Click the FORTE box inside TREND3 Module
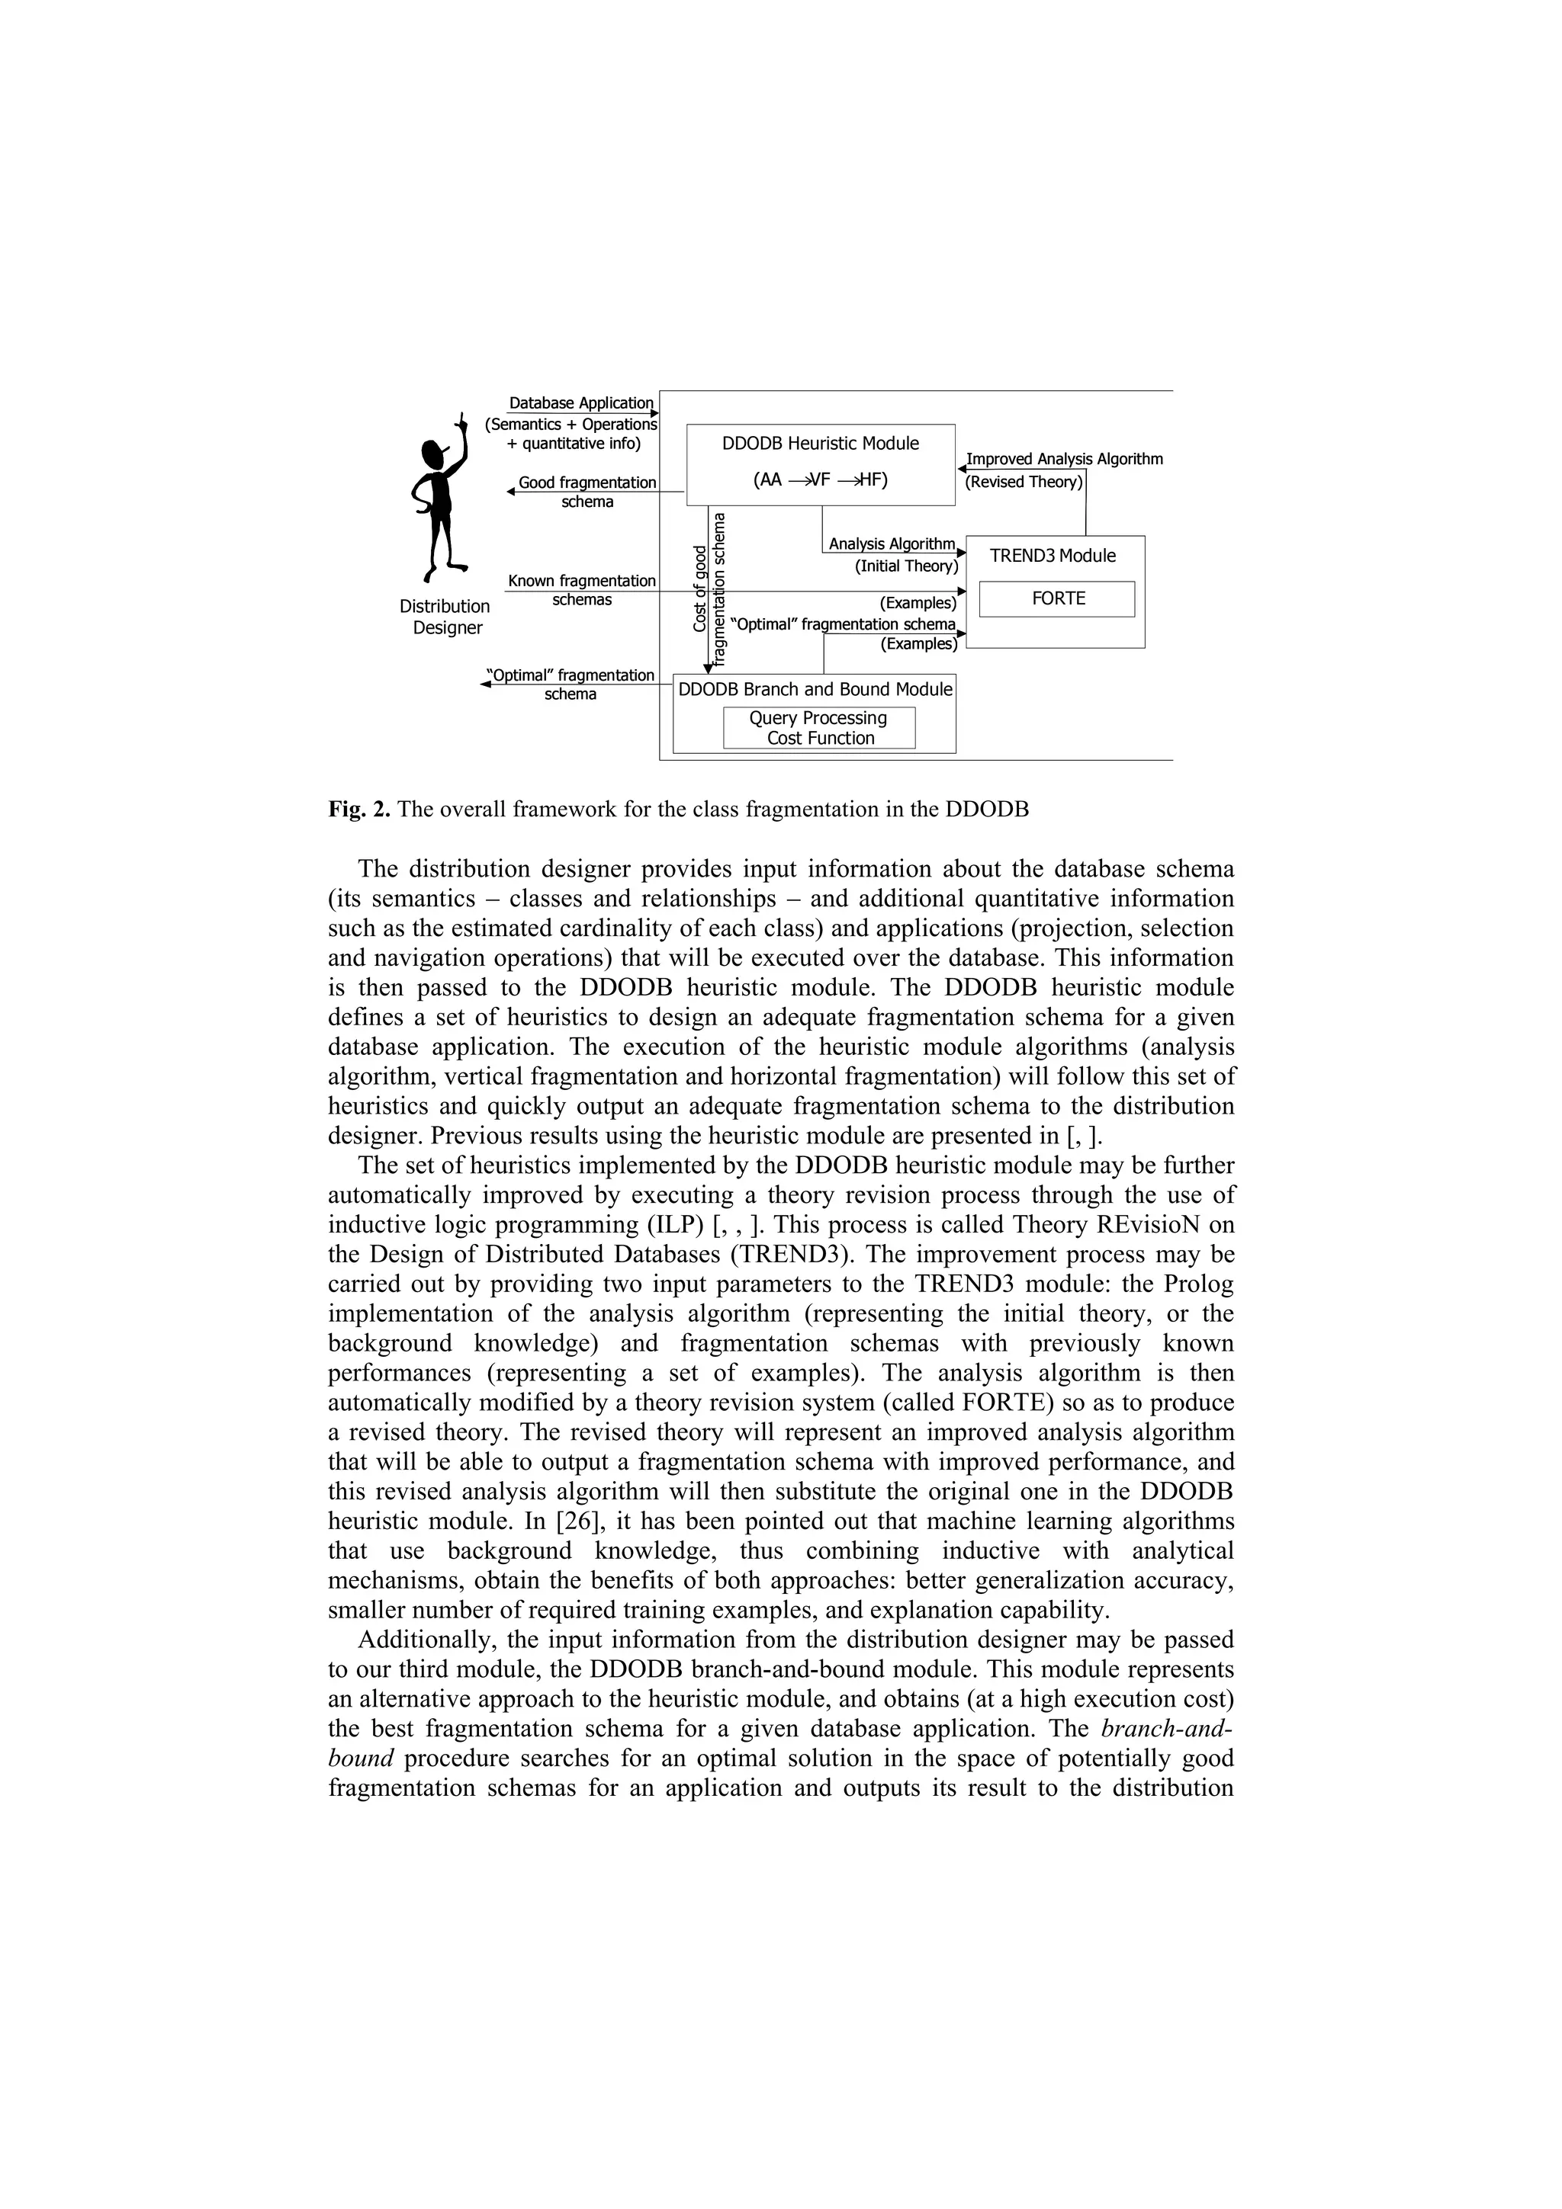click(x=1057, y=598)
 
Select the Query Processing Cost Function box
click(x=819, y=728)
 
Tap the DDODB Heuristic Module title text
click(x=820, y=444)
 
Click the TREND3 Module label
click(x=1053, y=556)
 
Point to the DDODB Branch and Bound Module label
click(x=815, y=690)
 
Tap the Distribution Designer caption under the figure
click(x=445, y=617)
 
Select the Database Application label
click(x=580, y=403)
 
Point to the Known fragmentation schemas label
click(x=581, y=590)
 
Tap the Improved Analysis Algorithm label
click(x=1065, y=459)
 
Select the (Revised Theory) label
click(x=1024, y=482)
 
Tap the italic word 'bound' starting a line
click(x=361, y=1759)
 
